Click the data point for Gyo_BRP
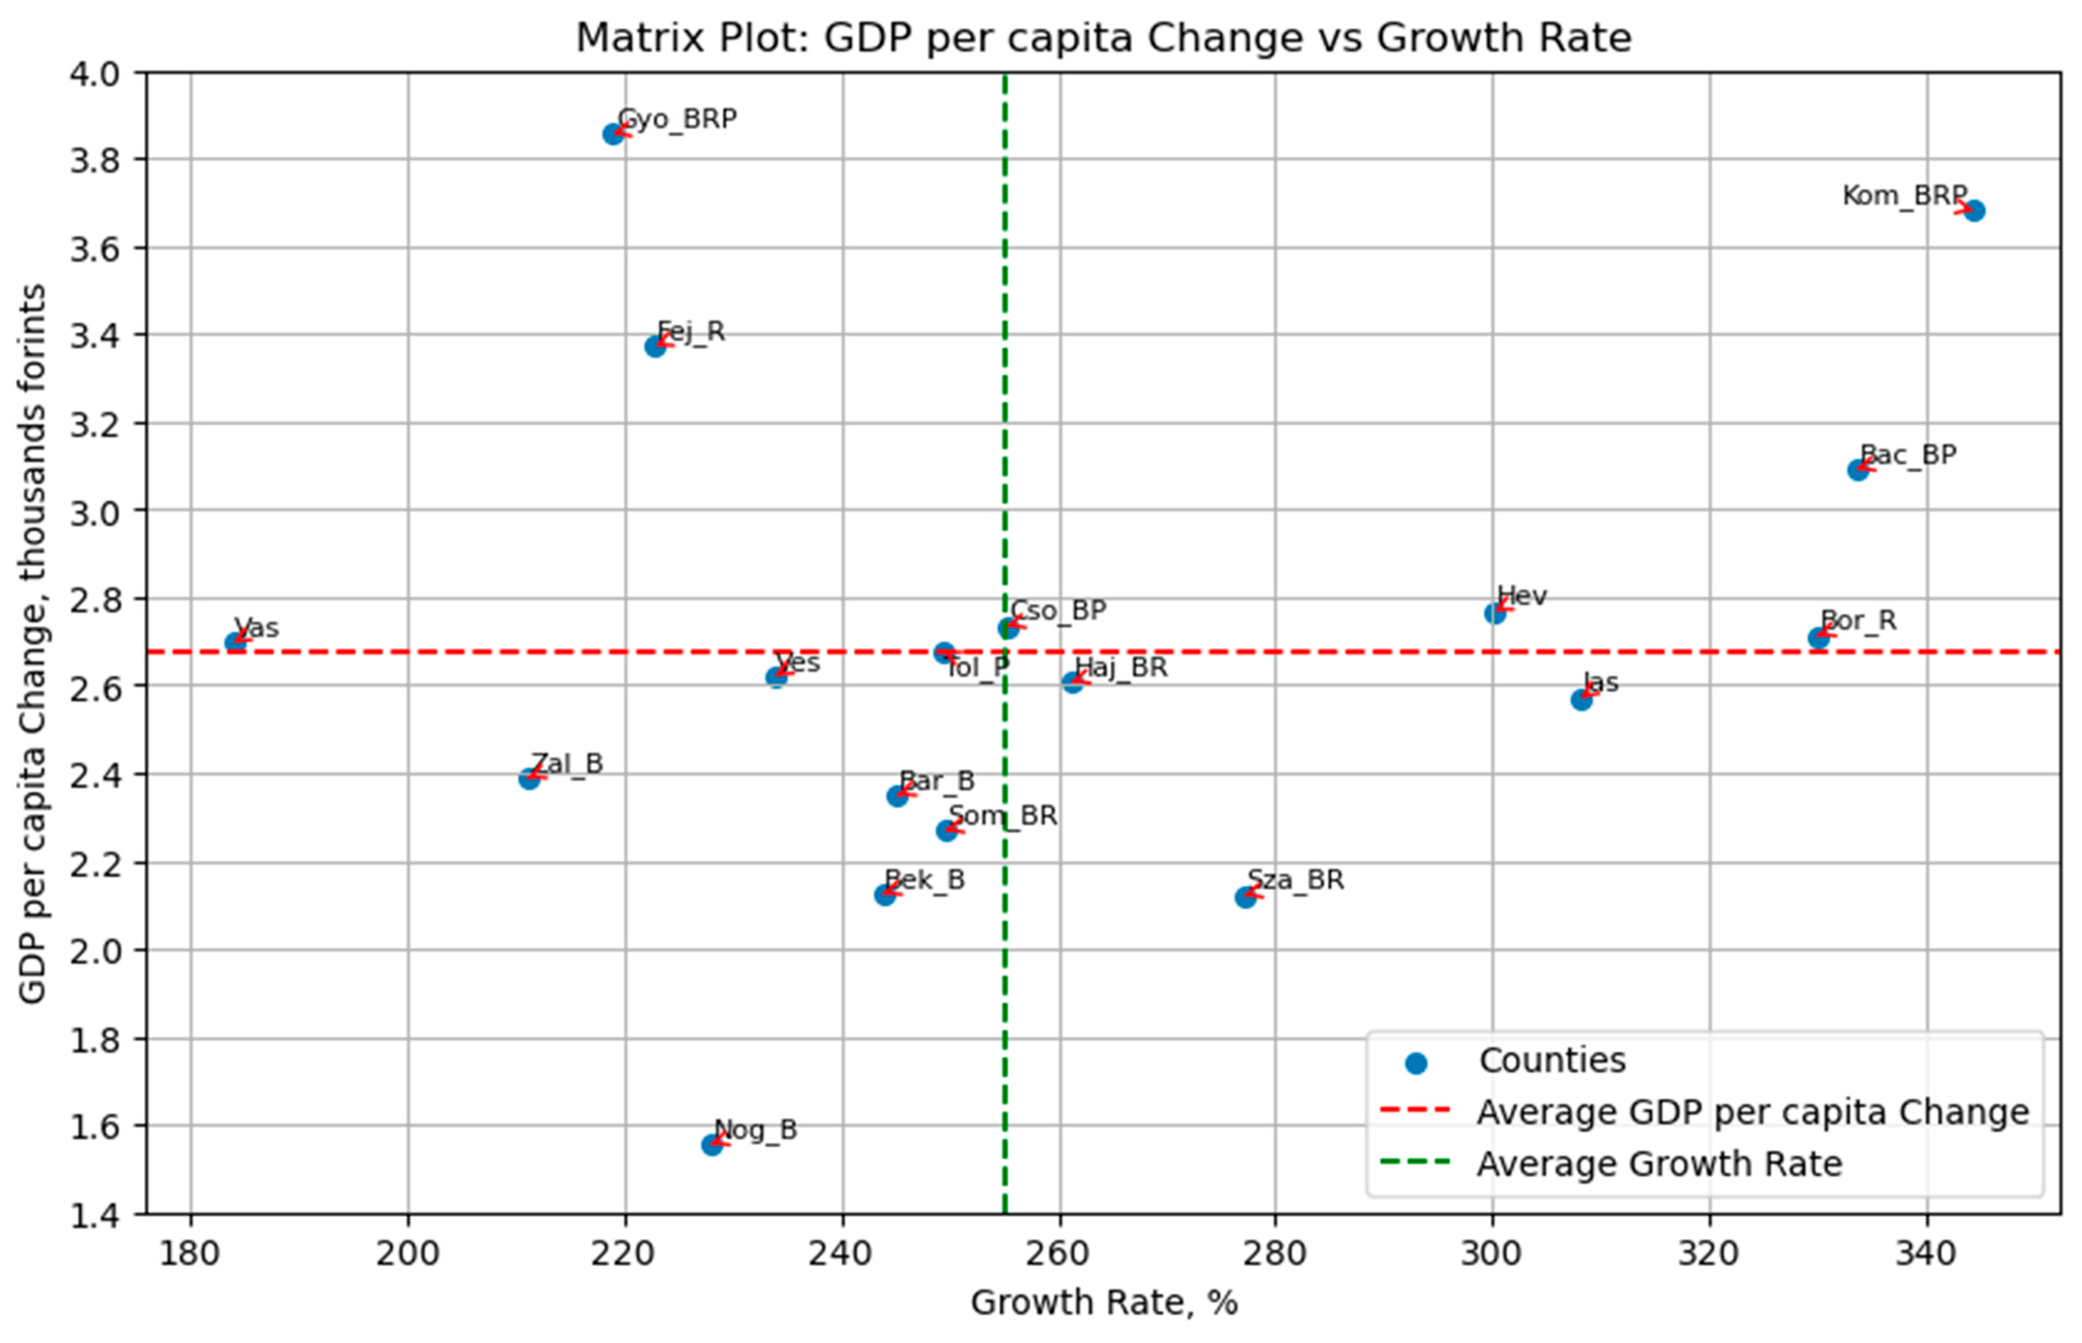pyautogui.click(x=613, y=134)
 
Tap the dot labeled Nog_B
pyautogui.click(x=712, y=1145)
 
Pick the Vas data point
pyautogui.click(x=235, y=643)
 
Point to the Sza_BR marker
pyautogui.click(x=1245, y=897)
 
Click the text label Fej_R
pyautogui.click(x=691, y=332)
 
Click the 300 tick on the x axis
pyautogui.click(x=1492, y=1254)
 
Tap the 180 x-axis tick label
pyautogui.click(x=190, y=1254)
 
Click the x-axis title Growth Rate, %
pyautogui.click(x=1104, y=1303)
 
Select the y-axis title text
pyautogui.click(x=33, y=643)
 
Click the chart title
pyautogui.click(x=1104, y=38)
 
